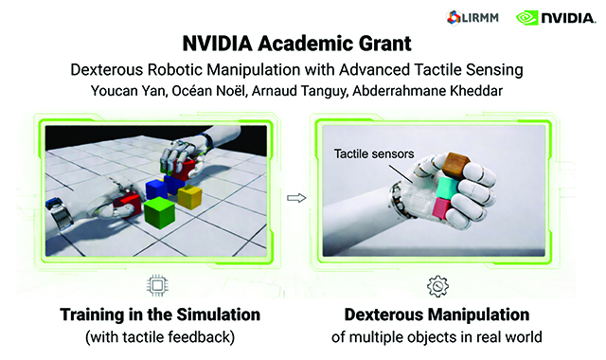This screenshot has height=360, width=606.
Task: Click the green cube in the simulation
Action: pos(158,210)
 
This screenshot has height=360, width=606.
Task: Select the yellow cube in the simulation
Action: pos(189,195)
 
